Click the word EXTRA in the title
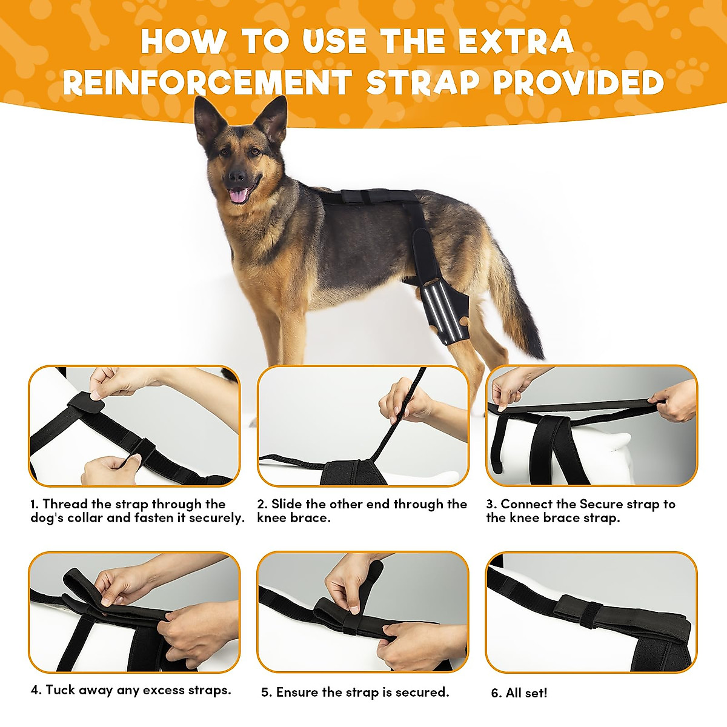click(x=515, y=42)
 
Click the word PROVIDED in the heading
click(x=579, y=83)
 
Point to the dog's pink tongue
click(x=238, y=195)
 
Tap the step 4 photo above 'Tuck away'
click(x=134, y=612)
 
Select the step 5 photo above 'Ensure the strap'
click(x=363, y=612)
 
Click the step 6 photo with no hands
click(x=591, y=612)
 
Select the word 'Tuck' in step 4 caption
click(x=61, y=690)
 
